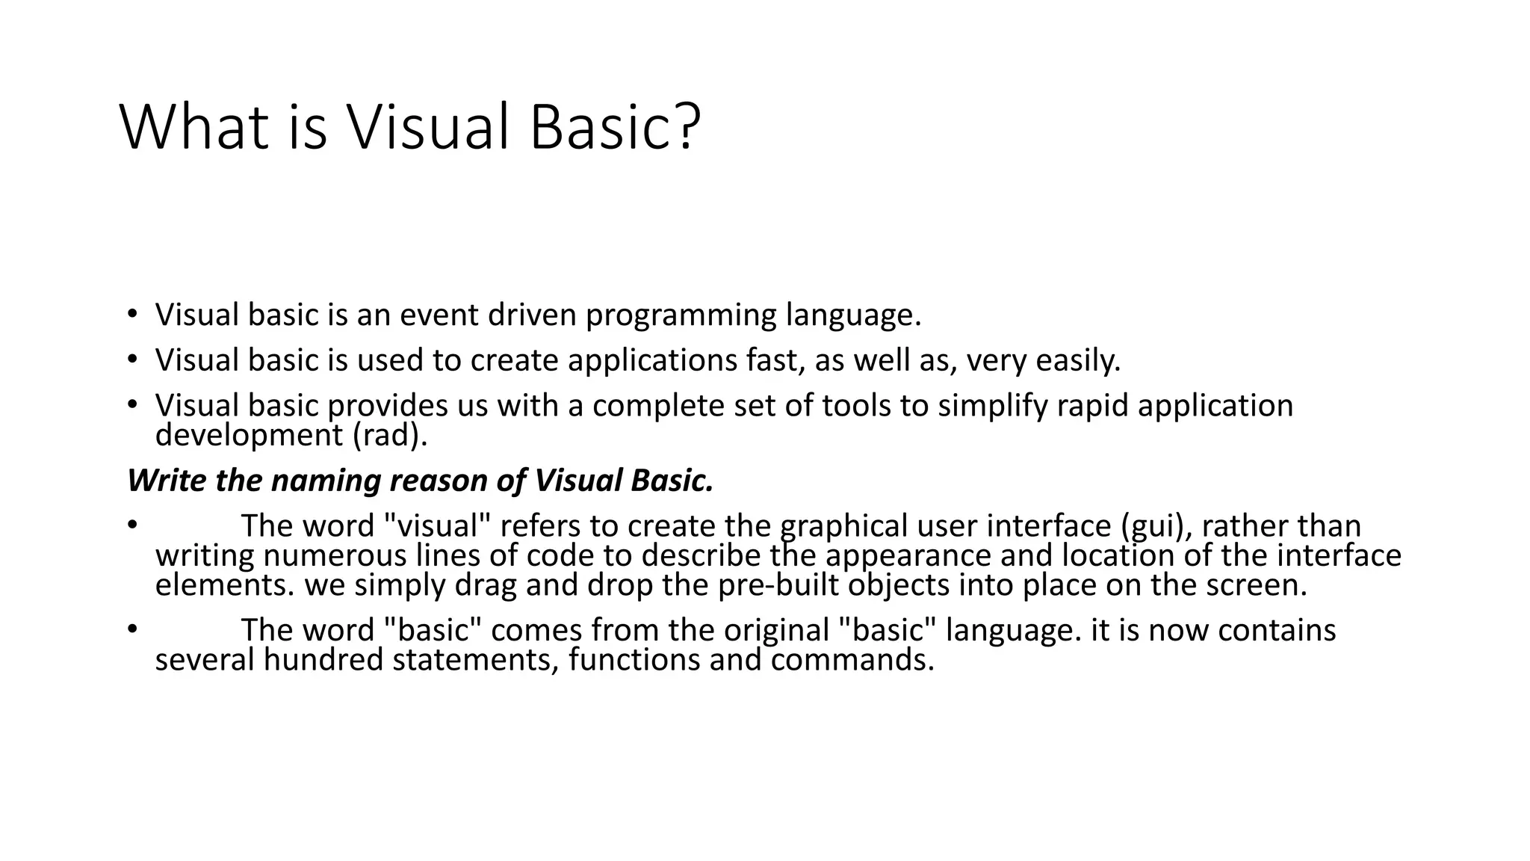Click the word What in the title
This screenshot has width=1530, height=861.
pos(193,127)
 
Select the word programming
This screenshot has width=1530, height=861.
pos(681,315)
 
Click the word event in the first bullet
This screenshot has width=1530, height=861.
pos(439,315)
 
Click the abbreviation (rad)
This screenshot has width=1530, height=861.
pos(389,435)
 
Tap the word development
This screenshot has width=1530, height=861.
pos(249,435)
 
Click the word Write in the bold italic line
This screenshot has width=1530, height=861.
pos(167,481)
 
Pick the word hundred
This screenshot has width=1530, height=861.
pos(323,660)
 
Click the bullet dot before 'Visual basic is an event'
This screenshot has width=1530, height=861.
pos(132,314)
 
